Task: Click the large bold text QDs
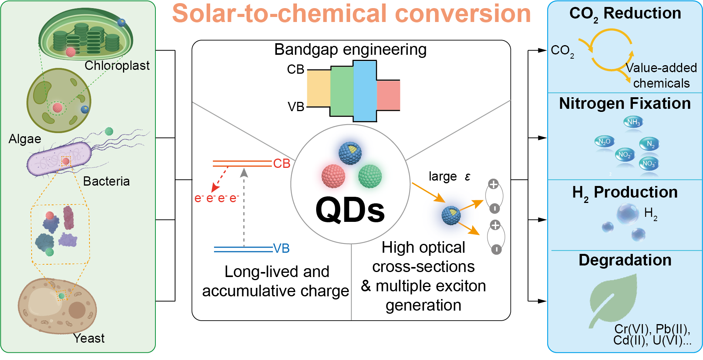pos(350,210)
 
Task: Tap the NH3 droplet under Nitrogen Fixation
pos(633,122)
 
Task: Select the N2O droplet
pos(604,142)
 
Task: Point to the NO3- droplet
pos(649,164)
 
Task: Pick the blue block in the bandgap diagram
pos(365,91)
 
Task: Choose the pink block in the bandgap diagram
pos(388,95)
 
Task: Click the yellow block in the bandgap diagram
pos(319,88)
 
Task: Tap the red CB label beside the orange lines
pos(282,164)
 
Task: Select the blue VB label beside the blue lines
pos(281,248)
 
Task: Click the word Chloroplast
pos(117,66)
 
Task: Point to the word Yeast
pos(89,338)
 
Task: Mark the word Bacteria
pos(106,181)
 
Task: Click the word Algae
pos(25,139)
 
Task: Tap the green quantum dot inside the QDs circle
pos(370,176)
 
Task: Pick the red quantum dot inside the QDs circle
pos(333,176)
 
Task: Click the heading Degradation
pos(625,260)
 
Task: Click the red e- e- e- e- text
pos(216,198)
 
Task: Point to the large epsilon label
pos(449,177)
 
